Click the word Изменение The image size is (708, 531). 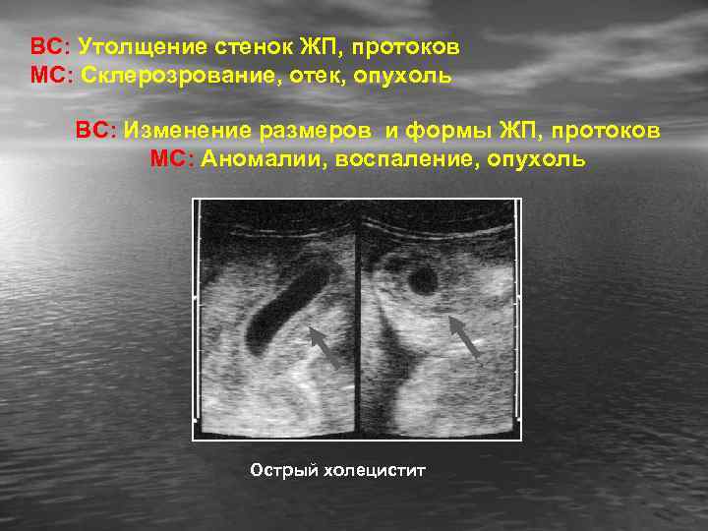(178, 131)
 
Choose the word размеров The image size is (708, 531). (300, 131)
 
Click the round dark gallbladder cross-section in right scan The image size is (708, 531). (423, 281)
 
